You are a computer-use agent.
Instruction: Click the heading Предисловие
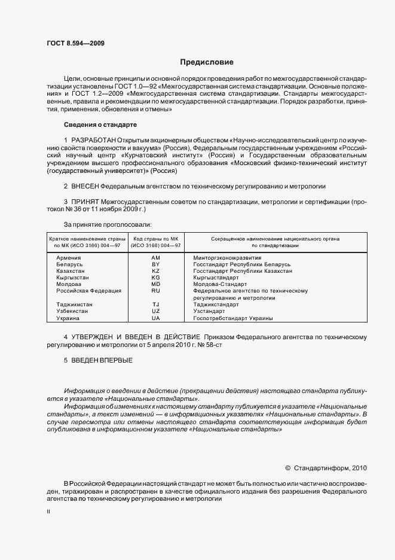pos(207,62)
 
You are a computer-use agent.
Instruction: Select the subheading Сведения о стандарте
pos(100,124)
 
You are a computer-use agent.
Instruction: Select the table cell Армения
pos(69,257)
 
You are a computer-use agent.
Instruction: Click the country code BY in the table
pos(156,264)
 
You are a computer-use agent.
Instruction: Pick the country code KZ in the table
pos(156,271)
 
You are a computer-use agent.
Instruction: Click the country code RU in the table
pos(156,291)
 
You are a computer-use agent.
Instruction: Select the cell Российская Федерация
pos(88,291)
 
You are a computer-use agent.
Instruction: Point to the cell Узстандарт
pos(209,311)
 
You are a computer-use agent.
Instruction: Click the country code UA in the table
pos(156,318)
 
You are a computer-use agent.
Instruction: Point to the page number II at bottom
pos(48,512)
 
